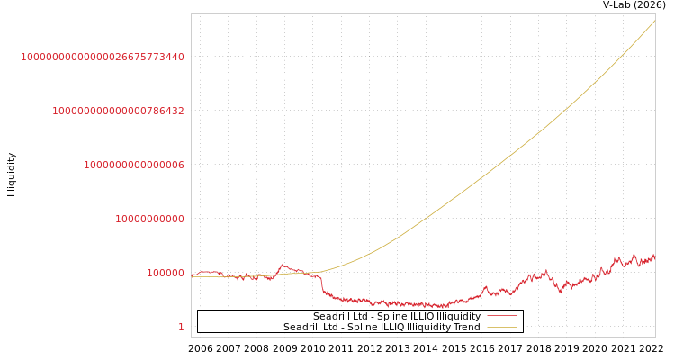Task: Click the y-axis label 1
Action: click(181, 327)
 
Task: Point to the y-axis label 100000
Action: click(166, 273)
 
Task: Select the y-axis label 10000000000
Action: click(149, 219)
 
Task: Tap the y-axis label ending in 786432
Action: click(118, 111)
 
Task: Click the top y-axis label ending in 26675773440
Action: click(103, 57)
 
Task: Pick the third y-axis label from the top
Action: click(134, 165)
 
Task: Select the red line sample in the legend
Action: click(501, 317)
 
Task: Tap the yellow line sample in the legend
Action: click(501, 328)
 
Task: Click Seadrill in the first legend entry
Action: click(333, 317)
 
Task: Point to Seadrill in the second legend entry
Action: click(303, 327)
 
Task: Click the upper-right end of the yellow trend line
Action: click(654, 21)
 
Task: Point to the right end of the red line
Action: click(654, 256)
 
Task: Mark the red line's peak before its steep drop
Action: click(283, 265)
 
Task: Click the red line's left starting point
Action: click(192, 275)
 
